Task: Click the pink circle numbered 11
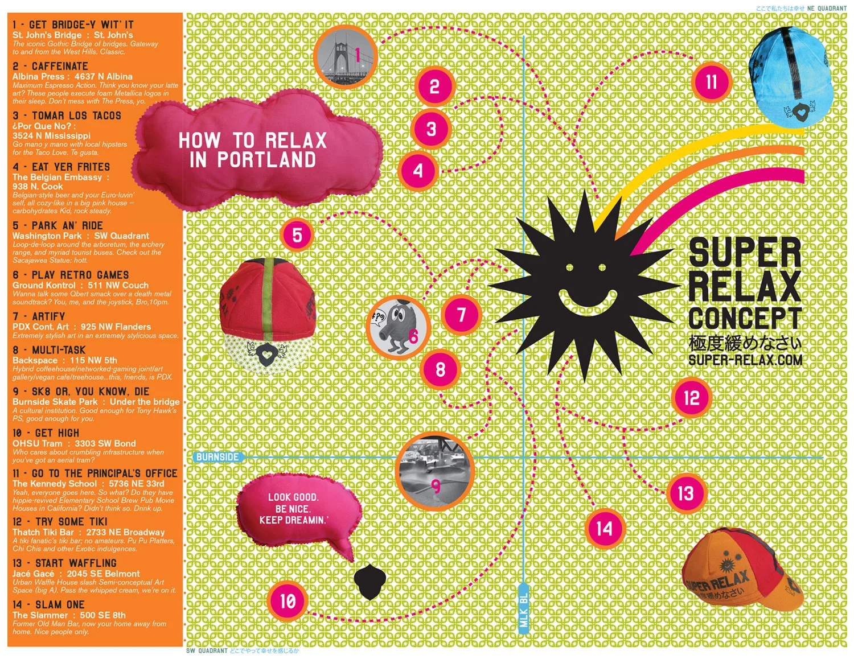pyautogui.click(x=712, y=83)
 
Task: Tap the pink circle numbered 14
pyautogui.click(x=604, y=529)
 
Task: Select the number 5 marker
pyautogui.click(x=297, y=235)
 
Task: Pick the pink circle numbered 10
pyautogui.click(x=288, y=601)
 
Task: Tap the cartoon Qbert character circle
pyautogui.click(x=397, y=327)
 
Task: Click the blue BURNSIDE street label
pyautogui.click(x=217, y=457)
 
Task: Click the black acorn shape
pyautogui.click(x=370, y=581)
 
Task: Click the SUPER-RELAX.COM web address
pyautogui.click(x=745, y=360)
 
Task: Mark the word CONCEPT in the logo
pyautogui.click(x=745, y=318)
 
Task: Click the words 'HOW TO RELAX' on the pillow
pyautogui.click(x=252, y=140)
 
